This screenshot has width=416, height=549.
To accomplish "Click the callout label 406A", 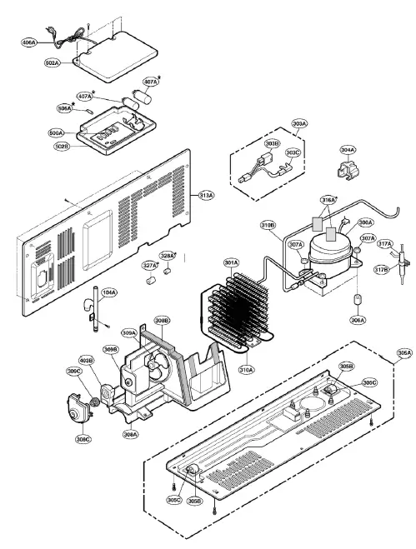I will pyautogui.click(x=28, y=42).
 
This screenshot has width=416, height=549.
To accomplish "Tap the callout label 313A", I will pyautogui.click(x=206, y=195).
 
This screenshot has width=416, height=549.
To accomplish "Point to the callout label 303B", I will pyautogui.click(x=272, y=143).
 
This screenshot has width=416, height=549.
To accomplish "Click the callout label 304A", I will pyautogui.click(x=348, y=150).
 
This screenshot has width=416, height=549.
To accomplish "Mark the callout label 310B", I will pyautogui.click(x=268, y=225).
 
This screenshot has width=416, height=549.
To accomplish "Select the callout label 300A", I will pyautogui.click(x=365, y=222).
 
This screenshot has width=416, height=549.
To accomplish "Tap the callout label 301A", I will pyautogui.click(x=231, y=263).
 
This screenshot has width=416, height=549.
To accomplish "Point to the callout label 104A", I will pyautogui.click(x=109, y=292).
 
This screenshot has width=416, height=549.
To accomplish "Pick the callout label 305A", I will pyautogui.click(x=403, y=353).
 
